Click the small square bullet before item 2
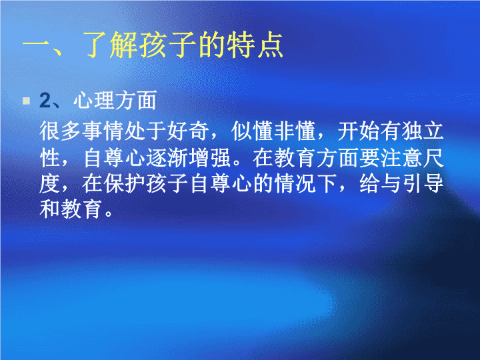point(26,101)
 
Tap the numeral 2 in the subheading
point(45,101)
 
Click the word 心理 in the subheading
point(94,101)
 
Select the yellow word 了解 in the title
point(109,45)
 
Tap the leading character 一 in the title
point(36,46)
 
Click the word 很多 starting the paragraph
point(61,131)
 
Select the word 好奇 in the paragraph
point(188,131)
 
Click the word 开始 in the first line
point(359,131)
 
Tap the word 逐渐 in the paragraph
point(167,157)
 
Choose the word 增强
point(209,157)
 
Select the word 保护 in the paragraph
point(124,184)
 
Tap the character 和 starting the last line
point(50,209)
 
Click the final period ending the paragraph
point(109,213)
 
